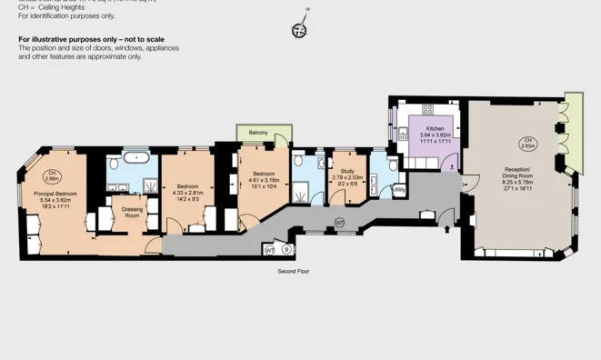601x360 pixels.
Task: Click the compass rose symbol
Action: pyautogui.click(x=299, y=30)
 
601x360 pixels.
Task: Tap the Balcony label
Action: pyautogui.click(x=259, y=134)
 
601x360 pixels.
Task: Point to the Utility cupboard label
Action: pyautogui.click(x=398, y=189)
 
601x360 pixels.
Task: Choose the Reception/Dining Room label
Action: pyautogui.click(x=523, y=173)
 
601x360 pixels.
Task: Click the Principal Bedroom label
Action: pyautogui.click(x=56, y=195)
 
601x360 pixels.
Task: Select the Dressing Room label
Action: pyautogui.click(x=132, y=212)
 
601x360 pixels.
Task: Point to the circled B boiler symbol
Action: pyautogui.click(x=286, y=248)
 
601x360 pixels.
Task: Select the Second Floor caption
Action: pyautogui.click(x=294, y=271)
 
